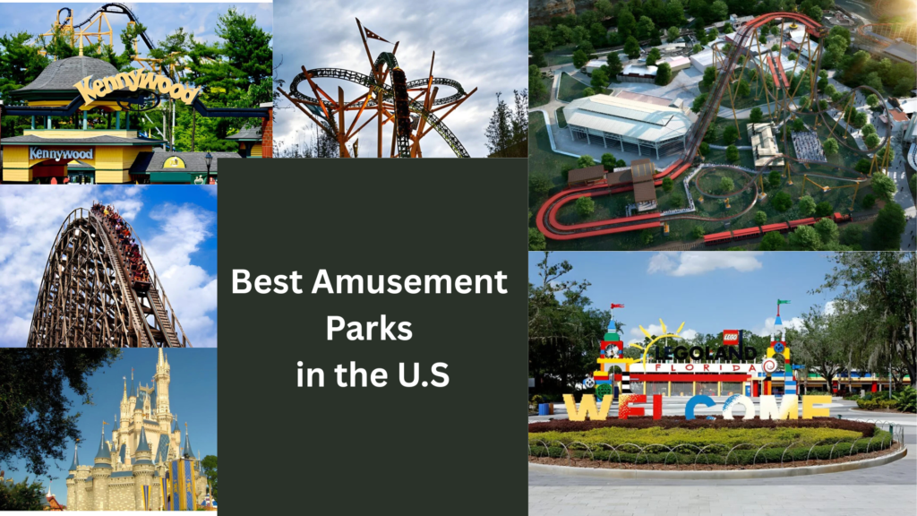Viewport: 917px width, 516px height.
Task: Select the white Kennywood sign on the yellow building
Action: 60,153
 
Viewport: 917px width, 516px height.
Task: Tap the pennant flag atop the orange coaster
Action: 375,34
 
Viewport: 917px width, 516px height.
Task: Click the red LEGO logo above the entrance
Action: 731,338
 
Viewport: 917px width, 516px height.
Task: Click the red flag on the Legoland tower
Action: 616,306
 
